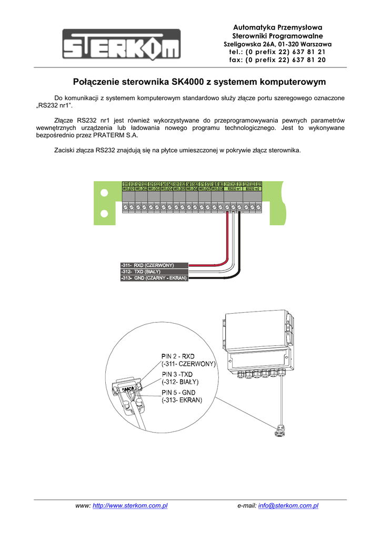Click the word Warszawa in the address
point(313,44)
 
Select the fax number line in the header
point(277,60)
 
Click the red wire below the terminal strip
point(227,237)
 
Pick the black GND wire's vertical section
point(239,237)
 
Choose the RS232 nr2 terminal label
point(253,188)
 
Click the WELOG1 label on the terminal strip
point(128,188)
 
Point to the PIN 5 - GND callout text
point(178,393)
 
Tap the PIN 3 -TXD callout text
point(177,374)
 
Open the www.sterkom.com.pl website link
point(130,506)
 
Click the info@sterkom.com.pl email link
point(289,506)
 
